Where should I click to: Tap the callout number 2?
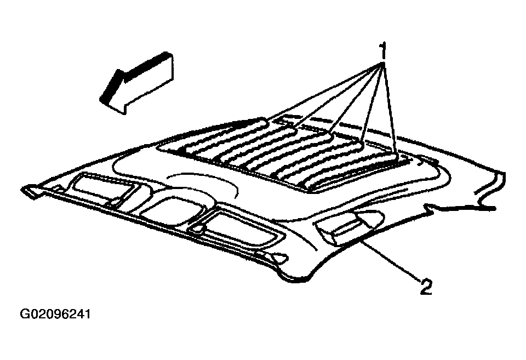[x=426, y=287]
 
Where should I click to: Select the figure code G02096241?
[x=55, y=315]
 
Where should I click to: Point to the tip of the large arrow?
[x=100, y=99]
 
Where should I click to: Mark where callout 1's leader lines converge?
[x=382, y=63]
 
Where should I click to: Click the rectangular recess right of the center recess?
[x=235, y=228]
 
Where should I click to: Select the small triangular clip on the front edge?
[x=279, y=258]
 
